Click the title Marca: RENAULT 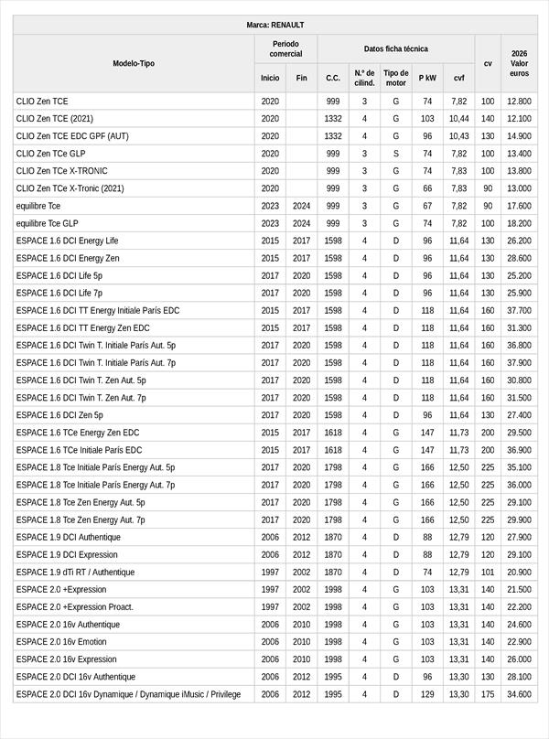click(274, 25)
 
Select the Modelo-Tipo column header click(134, 63)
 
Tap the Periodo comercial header click(285, 48)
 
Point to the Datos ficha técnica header click(395, 48)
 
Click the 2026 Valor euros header click(520, 63)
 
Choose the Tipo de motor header click(396, 78)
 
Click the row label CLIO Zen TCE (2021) click(55, 119)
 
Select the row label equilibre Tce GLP click(48, 223)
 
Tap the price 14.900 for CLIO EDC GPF click(520, 136)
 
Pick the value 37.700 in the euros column click(520, 311)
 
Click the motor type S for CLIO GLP click(396, 154)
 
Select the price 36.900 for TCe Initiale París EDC click(520, 450)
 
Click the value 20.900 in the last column click(520, 573)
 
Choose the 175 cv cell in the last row click(488, 695)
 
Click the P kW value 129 click(427, 695)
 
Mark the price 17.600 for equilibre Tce click(520, 206)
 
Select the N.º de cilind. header click(364, 78)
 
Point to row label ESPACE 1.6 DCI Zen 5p click(59, 415)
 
